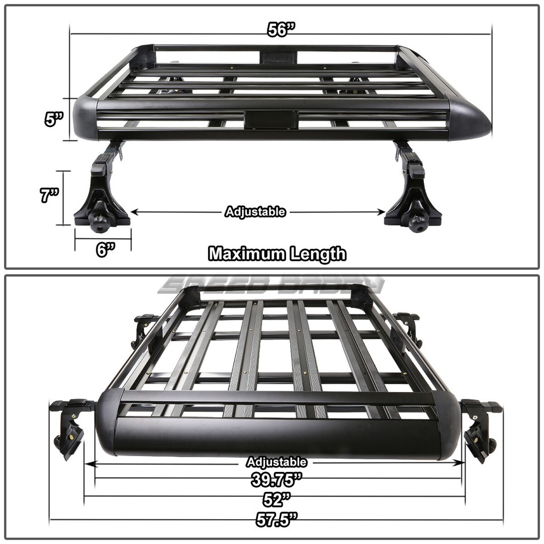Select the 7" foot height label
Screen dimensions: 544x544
pos(50,197)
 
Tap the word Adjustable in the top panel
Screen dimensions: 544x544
pos(255,212)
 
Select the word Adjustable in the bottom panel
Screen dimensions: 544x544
pos(277,462)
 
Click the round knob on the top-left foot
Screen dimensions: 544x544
pos(101,223)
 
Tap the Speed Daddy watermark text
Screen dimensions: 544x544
pos(272,283)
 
